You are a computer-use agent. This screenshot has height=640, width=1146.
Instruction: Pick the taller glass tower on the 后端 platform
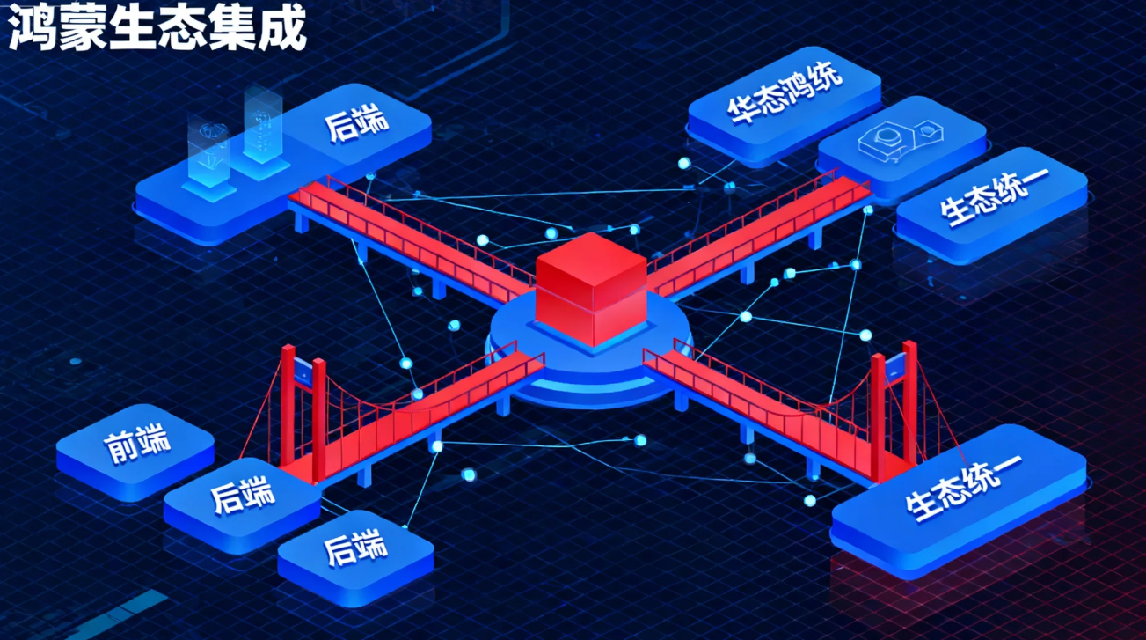261,132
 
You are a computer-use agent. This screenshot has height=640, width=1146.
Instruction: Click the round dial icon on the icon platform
882,136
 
